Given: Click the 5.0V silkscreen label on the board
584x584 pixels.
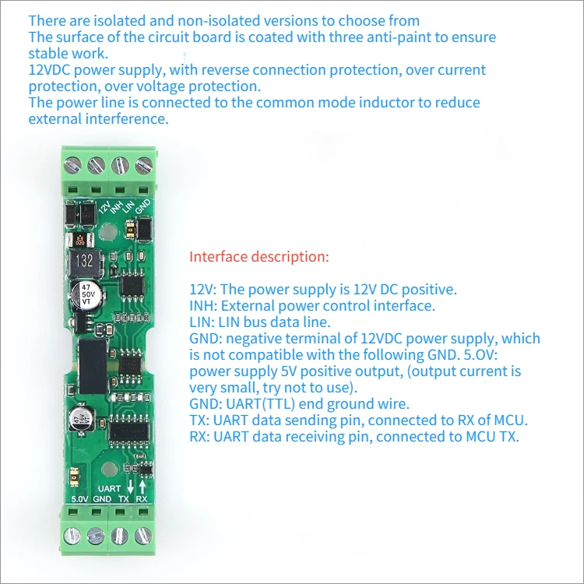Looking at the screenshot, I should (x=79, y=499).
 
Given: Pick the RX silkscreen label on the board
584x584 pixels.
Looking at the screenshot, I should (x=142, y=499).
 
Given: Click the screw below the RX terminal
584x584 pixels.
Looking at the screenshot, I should (x=142, y=535).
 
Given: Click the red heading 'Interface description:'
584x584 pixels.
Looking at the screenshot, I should (x=259, y=256).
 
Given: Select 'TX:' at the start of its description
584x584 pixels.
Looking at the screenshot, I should (x=199, y=420).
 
